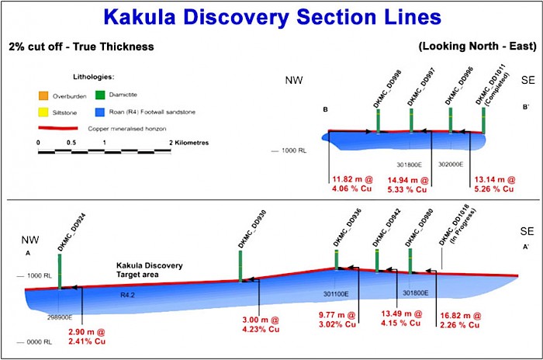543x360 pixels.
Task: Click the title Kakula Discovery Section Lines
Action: (x=271, y=17)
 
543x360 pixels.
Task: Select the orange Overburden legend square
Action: (x=43, y=95)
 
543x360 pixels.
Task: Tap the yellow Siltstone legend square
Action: (x=43, y=112)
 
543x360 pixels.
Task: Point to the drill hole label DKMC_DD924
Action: (x=61, y=232)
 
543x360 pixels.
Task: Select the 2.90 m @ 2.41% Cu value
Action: (x=92, y=336)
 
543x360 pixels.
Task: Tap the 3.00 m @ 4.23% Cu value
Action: (x=261, y=322)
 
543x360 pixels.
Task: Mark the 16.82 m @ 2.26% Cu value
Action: (x=465, y=320)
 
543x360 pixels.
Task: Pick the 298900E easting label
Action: (x=60, y=317)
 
